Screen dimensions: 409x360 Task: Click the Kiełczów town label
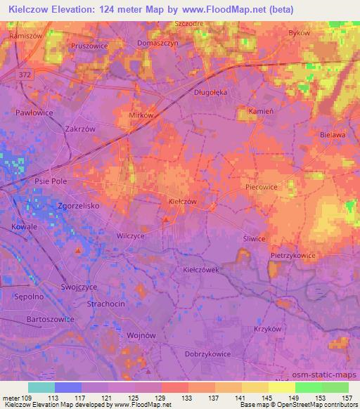(182, 201)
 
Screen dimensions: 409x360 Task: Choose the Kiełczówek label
(202, 269)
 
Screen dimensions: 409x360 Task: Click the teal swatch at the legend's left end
(41, 387)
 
